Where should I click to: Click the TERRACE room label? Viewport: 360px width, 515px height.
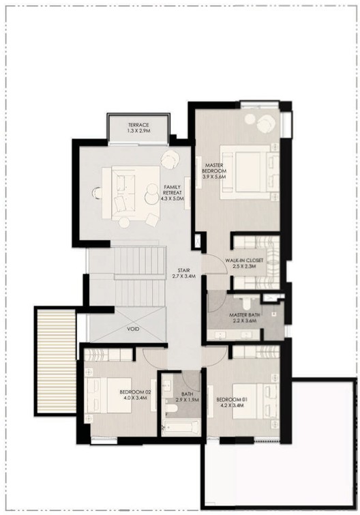coord(138,125)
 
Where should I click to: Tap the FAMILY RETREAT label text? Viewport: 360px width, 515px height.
coord(172,190)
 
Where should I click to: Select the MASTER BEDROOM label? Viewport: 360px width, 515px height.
coord(214,168)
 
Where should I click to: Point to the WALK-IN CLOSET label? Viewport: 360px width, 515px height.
coord(244,261)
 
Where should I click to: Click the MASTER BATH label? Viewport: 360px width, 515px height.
coord(244,315)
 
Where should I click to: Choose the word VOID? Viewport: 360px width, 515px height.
coord(132,329)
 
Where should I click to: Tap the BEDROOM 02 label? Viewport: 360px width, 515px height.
coord(135,392)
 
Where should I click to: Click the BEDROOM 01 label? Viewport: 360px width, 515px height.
coord(231,400)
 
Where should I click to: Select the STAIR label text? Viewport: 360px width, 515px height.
coord(184,271)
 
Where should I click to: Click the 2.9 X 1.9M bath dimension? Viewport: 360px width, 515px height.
coord(187,400)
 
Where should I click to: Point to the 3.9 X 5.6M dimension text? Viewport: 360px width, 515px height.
coord(214,177)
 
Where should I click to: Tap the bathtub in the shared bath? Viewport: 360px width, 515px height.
coord(181,427)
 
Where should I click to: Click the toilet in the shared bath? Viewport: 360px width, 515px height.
coord(171,409)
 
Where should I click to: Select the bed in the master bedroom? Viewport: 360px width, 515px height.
coord(250,172)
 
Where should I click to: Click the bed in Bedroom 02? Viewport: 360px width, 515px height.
coord(108,395)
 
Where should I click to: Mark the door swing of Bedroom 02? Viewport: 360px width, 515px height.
coord(154,357)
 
